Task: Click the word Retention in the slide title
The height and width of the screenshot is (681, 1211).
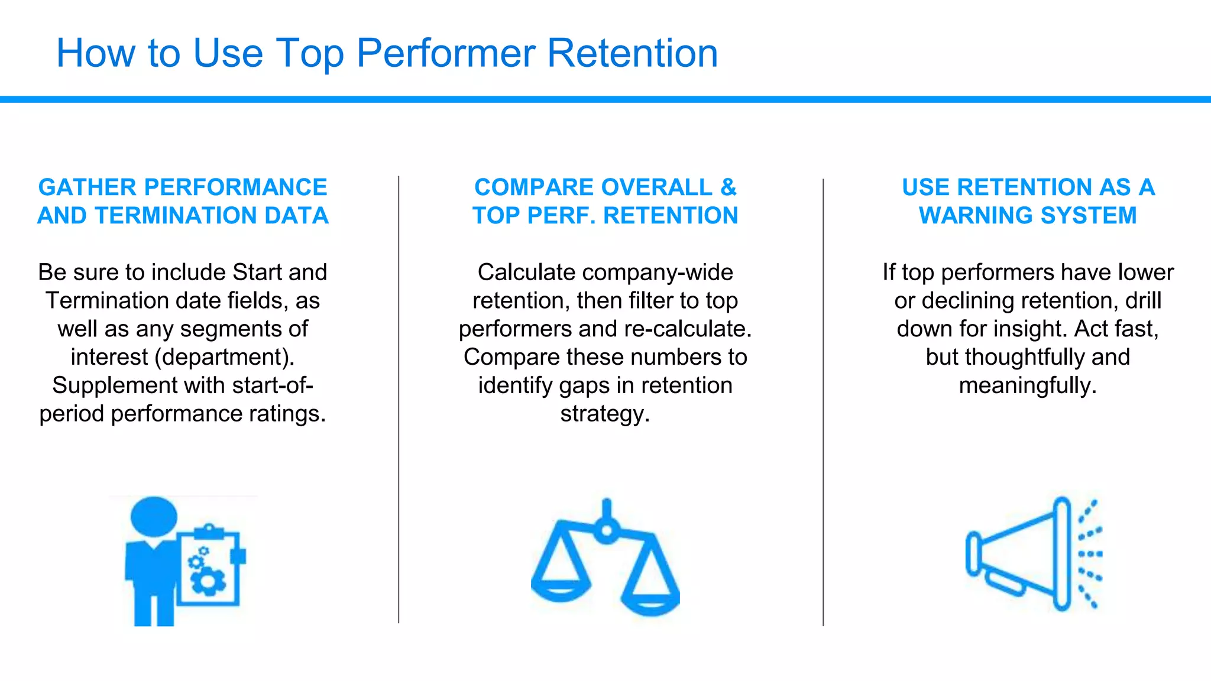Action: tap(632, 53)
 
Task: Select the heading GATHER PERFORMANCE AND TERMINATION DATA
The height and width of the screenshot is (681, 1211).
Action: tap(183, 202)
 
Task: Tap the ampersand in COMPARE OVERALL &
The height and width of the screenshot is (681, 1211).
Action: tap(728, 188)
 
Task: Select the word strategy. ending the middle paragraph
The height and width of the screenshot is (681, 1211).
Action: tap(605, 414)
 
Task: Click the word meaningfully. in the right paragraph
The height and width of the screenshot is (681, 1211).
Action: tap(1028, 385)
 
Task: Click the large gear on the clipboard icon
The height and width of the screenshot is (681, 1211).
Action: tap(208, 581)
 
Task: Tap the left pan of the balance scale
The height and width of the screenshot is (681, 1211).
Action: tap(561, 589)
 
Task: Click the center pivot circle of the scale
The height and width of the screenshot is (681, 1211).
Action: tap(606, 530)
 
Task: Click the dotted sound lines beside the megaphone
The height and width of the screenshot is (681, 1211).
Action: tap(1090, 554)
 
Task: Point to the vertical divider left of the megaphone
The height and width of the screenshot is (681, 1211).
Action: tap(823, 402)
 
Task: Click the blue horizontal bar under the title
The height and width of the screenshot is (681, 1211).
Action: tap(605, 99)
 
